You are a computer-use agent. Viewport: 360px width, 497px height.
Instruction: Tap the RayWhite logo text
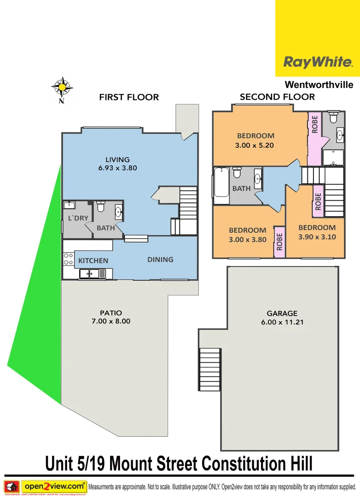pyautogui.click(x=318, y=62)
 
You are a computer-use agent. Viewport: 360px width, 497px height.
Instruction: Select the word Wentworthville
pyautogui.click(x=319, y=85)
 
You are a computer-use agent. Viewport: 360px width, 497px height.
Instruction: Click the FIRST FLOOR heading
pyautogui.click(x=129, y=97)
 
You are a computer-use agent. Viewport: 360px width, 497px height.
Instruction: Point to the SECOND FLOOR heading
pyautogui.click(x=277, y=97)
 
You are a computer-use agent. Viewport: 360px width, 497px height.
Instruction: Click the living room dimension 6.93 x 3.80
pyautogui.click(x=117, y=168)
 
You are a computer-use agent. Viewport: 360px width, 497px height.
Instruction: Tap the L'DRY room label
pyautogui.click(x=78, y=218)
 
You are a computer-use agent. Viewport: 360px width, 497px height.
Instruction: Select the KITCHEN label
pyautogui.click(x=93, y=260)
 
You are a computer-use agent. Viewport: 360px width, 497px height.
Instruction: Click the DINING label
pyautogui.click(x=160, y=260)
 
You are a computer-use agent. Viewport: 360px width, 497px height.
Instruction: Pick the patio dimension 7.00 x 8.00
pyautogui.click(x=111, y=321)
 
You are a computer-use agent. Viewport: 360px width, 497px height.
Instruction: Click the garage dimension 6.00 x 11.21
pyautogui.click(x=283, y=322)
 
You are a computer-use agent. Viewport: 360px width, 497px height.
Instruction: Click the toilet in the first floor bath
pyautogui.click(x=100, y=207)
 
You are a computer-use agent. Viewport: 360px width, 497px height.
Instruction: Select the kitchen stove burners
pyautogui.click(x=69, y=259)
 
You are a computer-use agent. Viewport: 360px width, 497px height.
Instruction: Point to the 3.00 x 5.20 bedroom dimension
pyautogui.click(x=255, y=144)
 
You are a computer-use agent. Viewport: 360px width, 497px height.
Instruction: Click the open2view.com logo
pyautogui.click(x=54, y=485)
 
